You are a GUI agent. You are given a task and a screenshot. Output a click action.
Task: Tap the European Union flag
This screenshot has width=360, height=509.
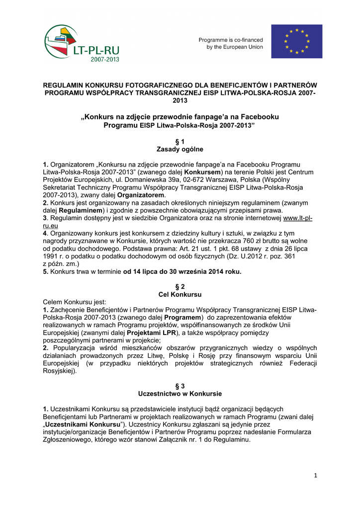coord(297,41)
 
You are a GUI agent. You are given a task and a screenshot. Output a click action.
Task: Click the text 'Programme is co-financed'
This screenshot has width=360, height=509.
coord(231,40)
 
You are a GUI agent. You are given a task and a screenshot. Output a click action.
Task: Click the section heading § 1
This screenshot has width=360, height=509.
coord(180,142)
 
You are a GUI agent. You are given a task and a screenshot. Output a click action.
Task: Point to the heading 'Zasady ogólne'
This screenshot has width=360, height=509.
coord(180,149)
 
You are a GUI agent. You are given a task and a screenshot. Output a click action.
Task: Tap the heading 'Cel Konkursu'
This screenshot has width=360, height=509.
coord(180,294)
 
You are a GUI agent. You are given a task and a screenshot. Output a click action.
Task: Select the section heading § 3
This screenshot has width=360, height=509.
coord(180,386)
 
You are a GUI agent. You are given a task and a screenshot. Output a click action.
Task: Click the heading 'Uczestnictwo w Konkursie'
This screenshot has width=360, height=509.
coord(180,393)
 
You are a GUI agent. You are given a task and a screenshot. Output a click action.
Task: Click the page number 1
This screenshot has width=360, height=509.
coord(315,476)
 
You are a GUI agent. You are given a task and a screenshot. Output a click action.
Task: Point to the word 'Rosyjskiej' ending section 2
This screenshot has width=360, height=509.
coord(59,370)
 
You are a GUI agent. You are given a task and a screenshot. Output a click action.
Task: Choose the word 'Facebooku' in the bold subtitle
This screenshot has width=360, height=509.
coord(258,117)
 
